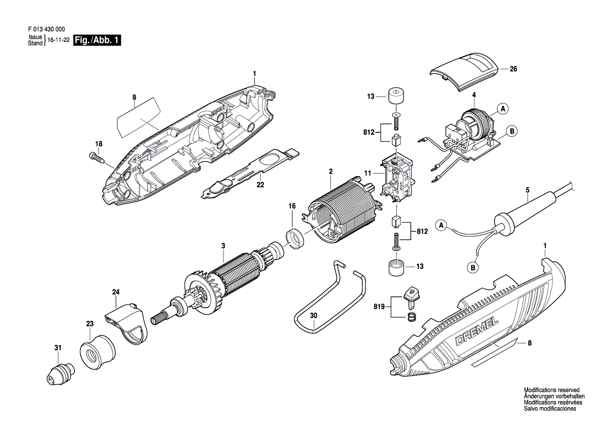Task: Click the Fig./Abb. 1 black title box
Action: tap(97, 40)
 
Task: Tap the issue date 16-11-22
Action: tap(59, 40)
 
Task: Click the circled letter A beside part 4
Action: tap(503, 109)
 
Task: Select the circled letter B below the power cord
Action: tap(473, 268)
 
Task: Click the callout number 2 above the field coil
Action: tap(331, 171)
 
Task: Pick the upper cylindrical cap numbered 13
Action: tap(396, 97)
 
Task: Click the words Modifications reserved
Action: tap(551, 391)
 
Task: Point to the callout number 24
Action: tap(116, 291)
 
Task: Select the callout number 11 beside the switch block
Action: tap(368, 172)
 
